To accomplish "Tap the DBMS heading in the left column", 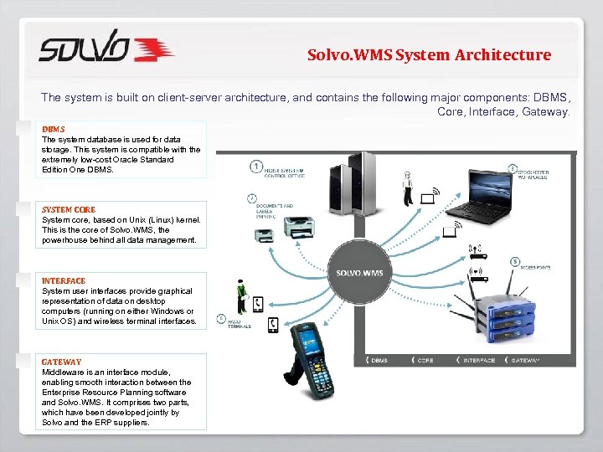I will pos(54,129).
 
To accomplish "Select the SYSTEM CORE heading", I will pos(69,209).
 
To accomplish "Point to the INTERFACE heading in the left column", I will pos(64,280).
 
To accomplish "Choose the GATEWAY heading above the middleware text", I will pos(62,362).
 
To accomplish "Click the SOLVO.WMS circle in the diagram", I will pos(359,273).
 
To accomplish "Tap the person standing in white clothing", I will pos(407,187).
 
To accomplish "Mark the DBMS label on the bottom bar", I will pos(379,361).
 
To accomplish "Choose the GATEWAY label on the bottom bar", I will pos(525,361).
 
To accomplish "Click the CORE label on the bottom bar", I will pos(425,361).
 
